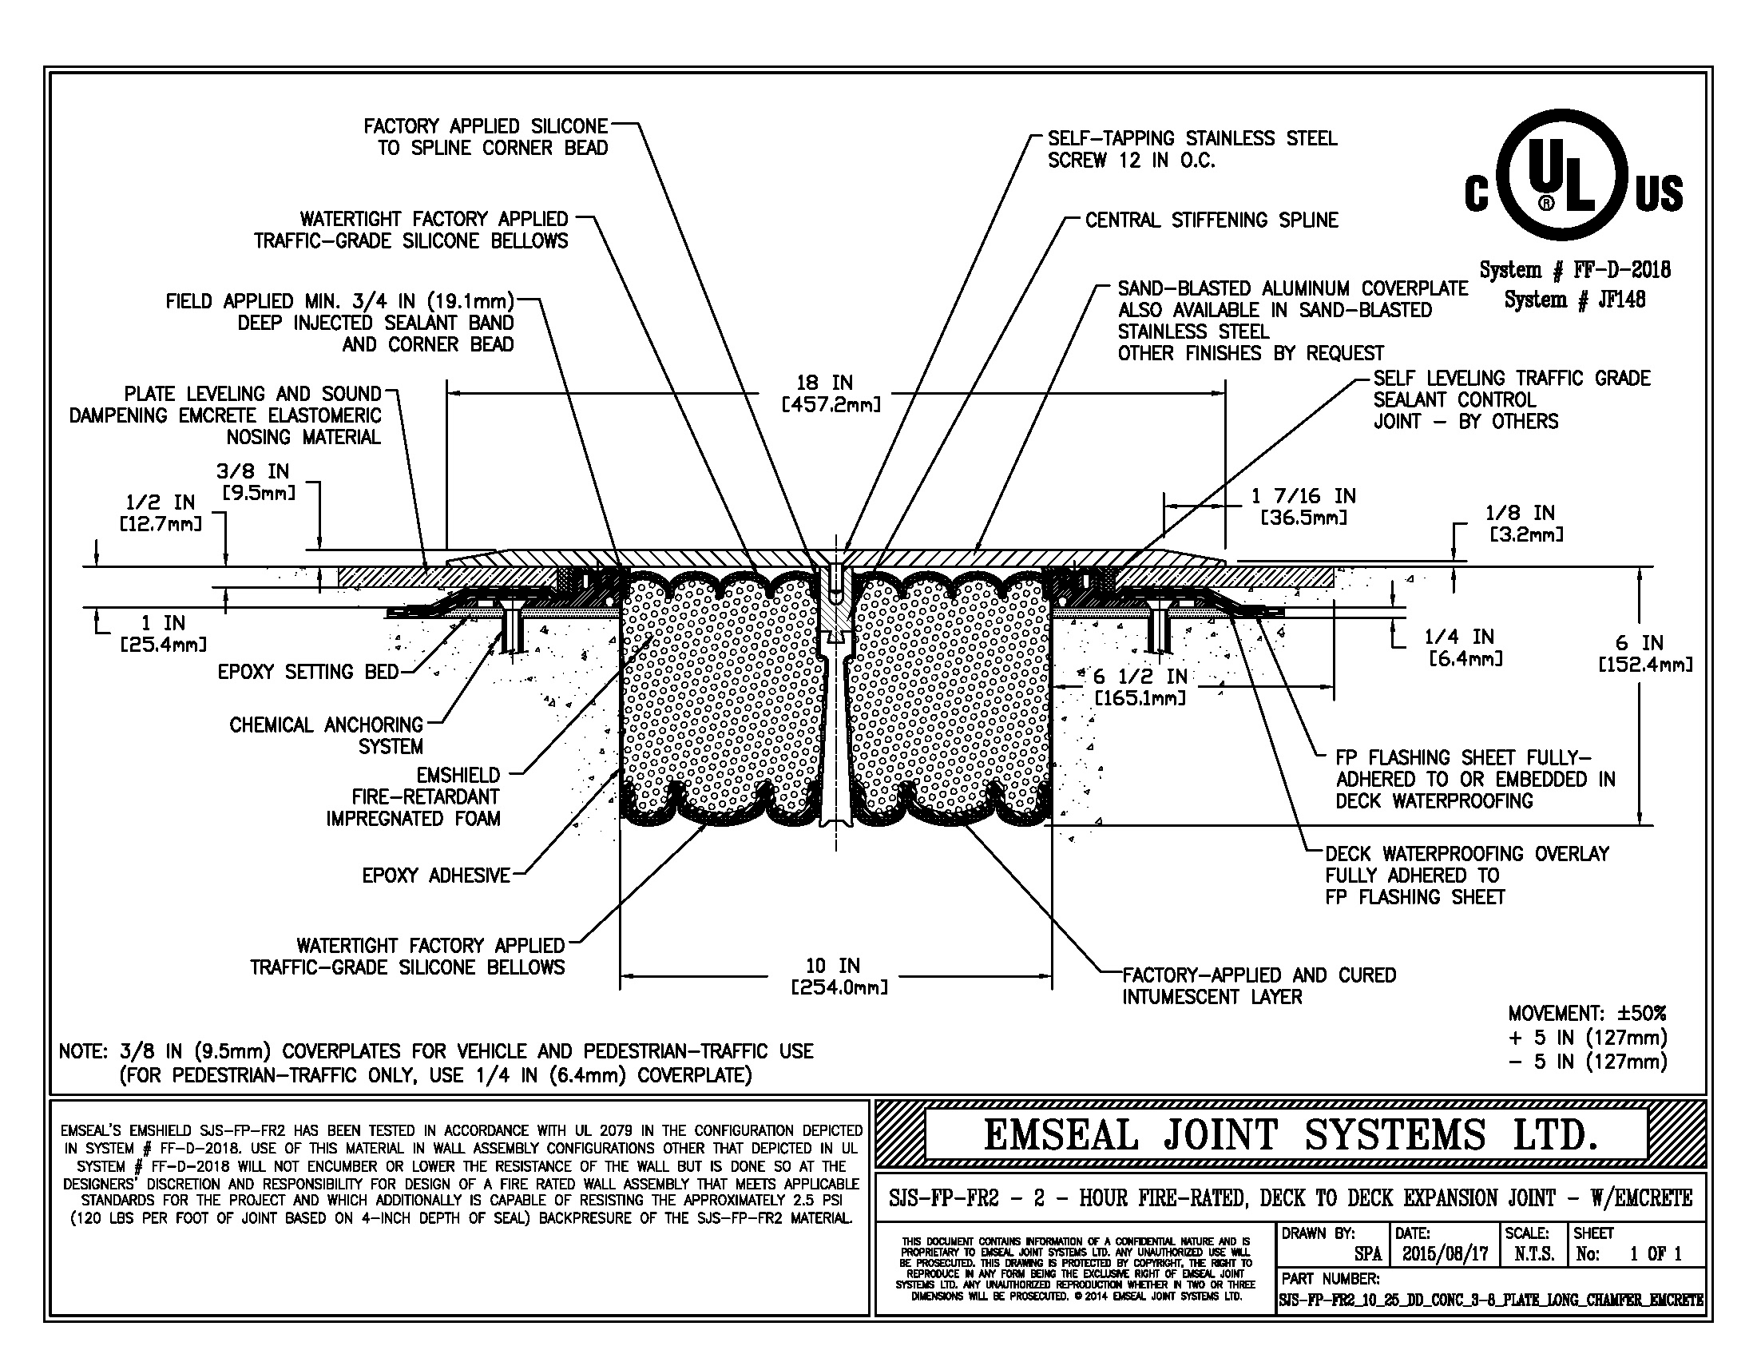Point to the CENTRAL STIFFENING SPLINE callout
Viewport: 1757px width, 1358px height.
[x=1211, y=220]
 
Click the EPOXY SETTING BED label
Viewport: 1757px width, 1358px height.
[x=308, y=672]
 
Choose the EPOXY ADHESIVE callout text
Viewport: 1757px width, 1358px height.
[x=435, y=876]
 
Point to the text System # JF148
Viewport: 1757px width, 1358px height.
[x=1573, y=300]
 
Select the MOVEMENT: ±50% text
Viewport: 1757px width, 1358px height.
[x=1587, y=1013]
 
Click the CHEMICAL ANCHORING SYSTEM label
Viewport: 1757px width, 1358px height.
[x=326, y=735]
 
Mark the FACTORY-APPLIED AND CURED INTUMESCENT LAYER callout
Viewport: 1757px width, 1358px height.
[x=1258, y=986]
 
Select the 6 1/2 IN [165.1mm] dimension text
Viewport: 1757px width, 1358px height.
[x=1140, y=687]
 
